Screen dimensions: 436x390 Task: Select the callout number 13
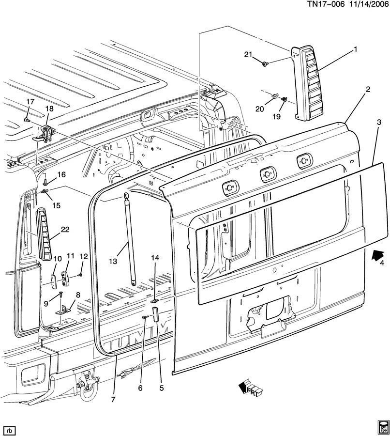point(113,262)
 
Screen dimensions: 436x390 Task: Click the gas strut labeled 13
point(130,237)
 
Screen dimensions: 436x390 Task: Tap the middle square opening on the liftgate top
point(266,174)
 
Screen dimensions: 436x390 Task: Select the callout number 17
point(30,102)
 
